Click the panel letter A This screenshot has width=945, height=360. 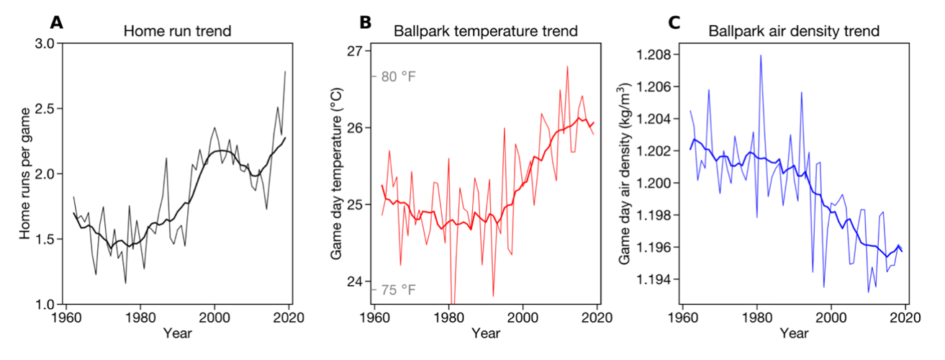[x=55, y=22]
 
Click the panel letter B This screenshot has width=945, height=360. [x=366, y=22]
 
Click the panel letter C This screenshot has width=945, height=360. [x=674, y=22]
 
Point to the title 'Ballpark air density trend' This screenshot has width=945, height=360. [x=794, y=32]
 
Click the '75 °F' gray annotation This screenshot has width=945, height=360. [x=398, y=290]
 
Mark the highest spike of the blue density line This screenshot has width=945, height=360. [x=760, y=55]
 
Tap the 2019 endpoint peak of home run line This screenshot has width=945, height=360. [x=286, y=71]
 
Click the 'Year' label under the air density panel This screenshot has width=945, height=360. [x=794, y=333]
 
